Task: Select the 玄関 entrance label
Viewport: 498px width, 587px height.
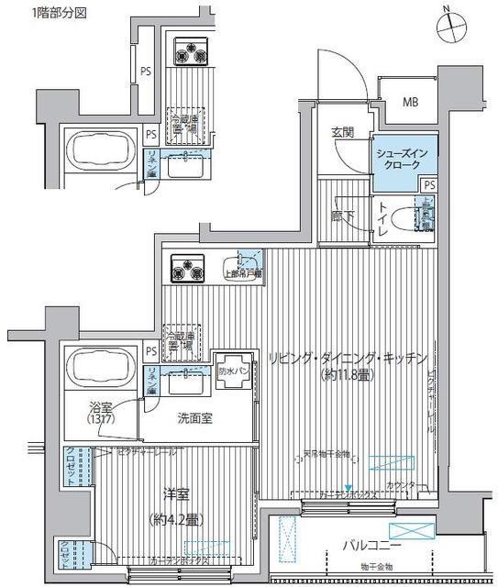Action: [x=343, y=134]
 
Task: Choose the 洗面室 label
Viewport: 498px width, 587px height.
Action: [x=196, y=417]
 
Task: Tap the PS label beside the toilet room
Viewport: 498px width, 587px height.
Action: [x=429, y=185]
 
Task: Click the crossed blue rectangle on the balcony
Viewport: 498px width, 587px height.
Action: [x=408, y=530]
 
